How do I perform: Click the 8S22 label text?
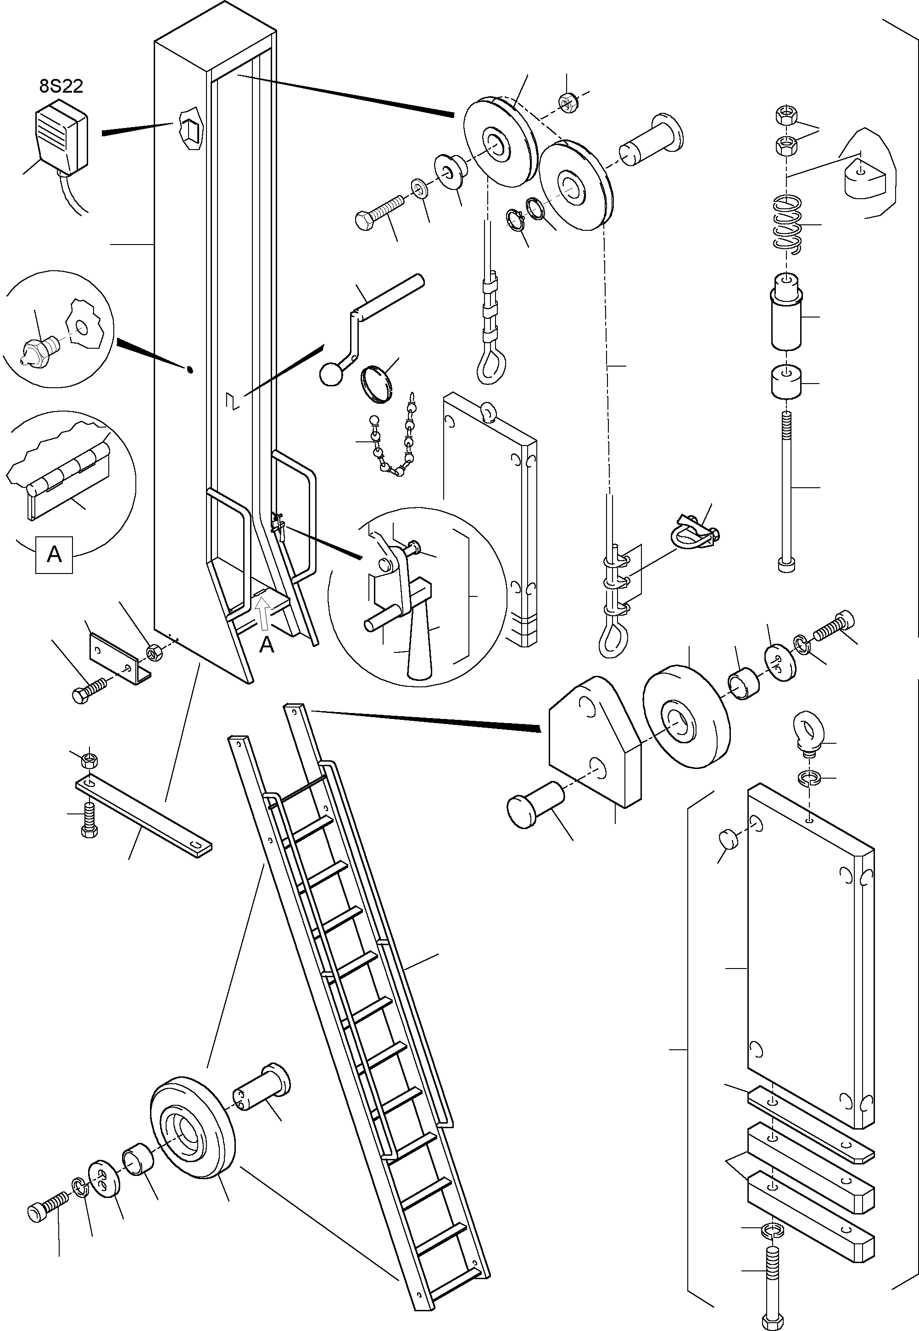point(61,86)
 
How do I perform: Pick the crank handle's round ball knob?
point(330,375)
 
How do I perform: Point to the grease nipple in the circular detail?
point(39,349)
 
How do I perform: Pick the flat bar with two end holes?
point(143,816)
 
